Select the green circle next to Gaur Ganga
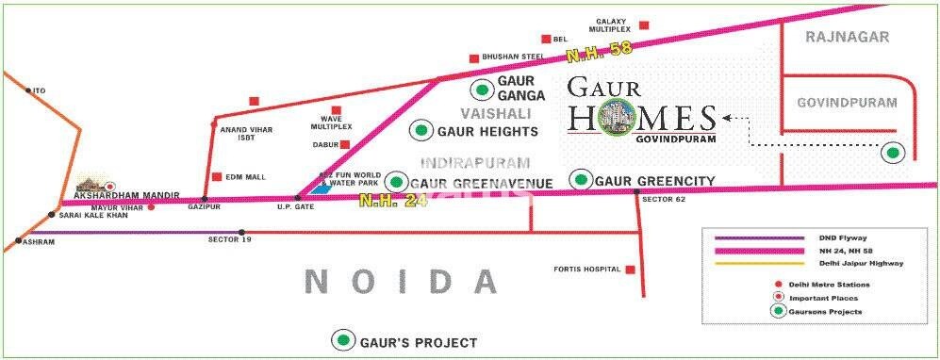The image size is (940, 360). [x=483, y=90]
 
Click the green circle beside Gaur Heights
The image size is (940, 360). [x=421, y=131]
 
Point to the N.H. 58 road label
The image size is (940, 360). [x=589, y=58]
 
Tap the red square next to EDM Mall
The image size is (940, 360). [x=218, y=176]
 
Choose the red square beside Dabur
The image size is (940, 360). [x=346, y=144]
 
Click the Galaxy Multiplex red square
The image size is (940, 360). [x=645, y=25]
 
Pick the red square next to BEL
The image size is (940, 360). [x=546, y=39]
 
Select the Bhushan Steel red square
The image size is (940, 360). [x=474, y=57]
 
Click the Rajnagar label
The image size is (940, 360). [x=835, y=37]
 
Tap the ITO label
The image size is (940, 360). [x=39, y=90]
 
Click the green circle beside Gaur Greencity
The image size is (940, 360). [x=581, y=179]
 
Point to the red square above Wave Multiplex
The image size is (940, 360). [x=335, y=110]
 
